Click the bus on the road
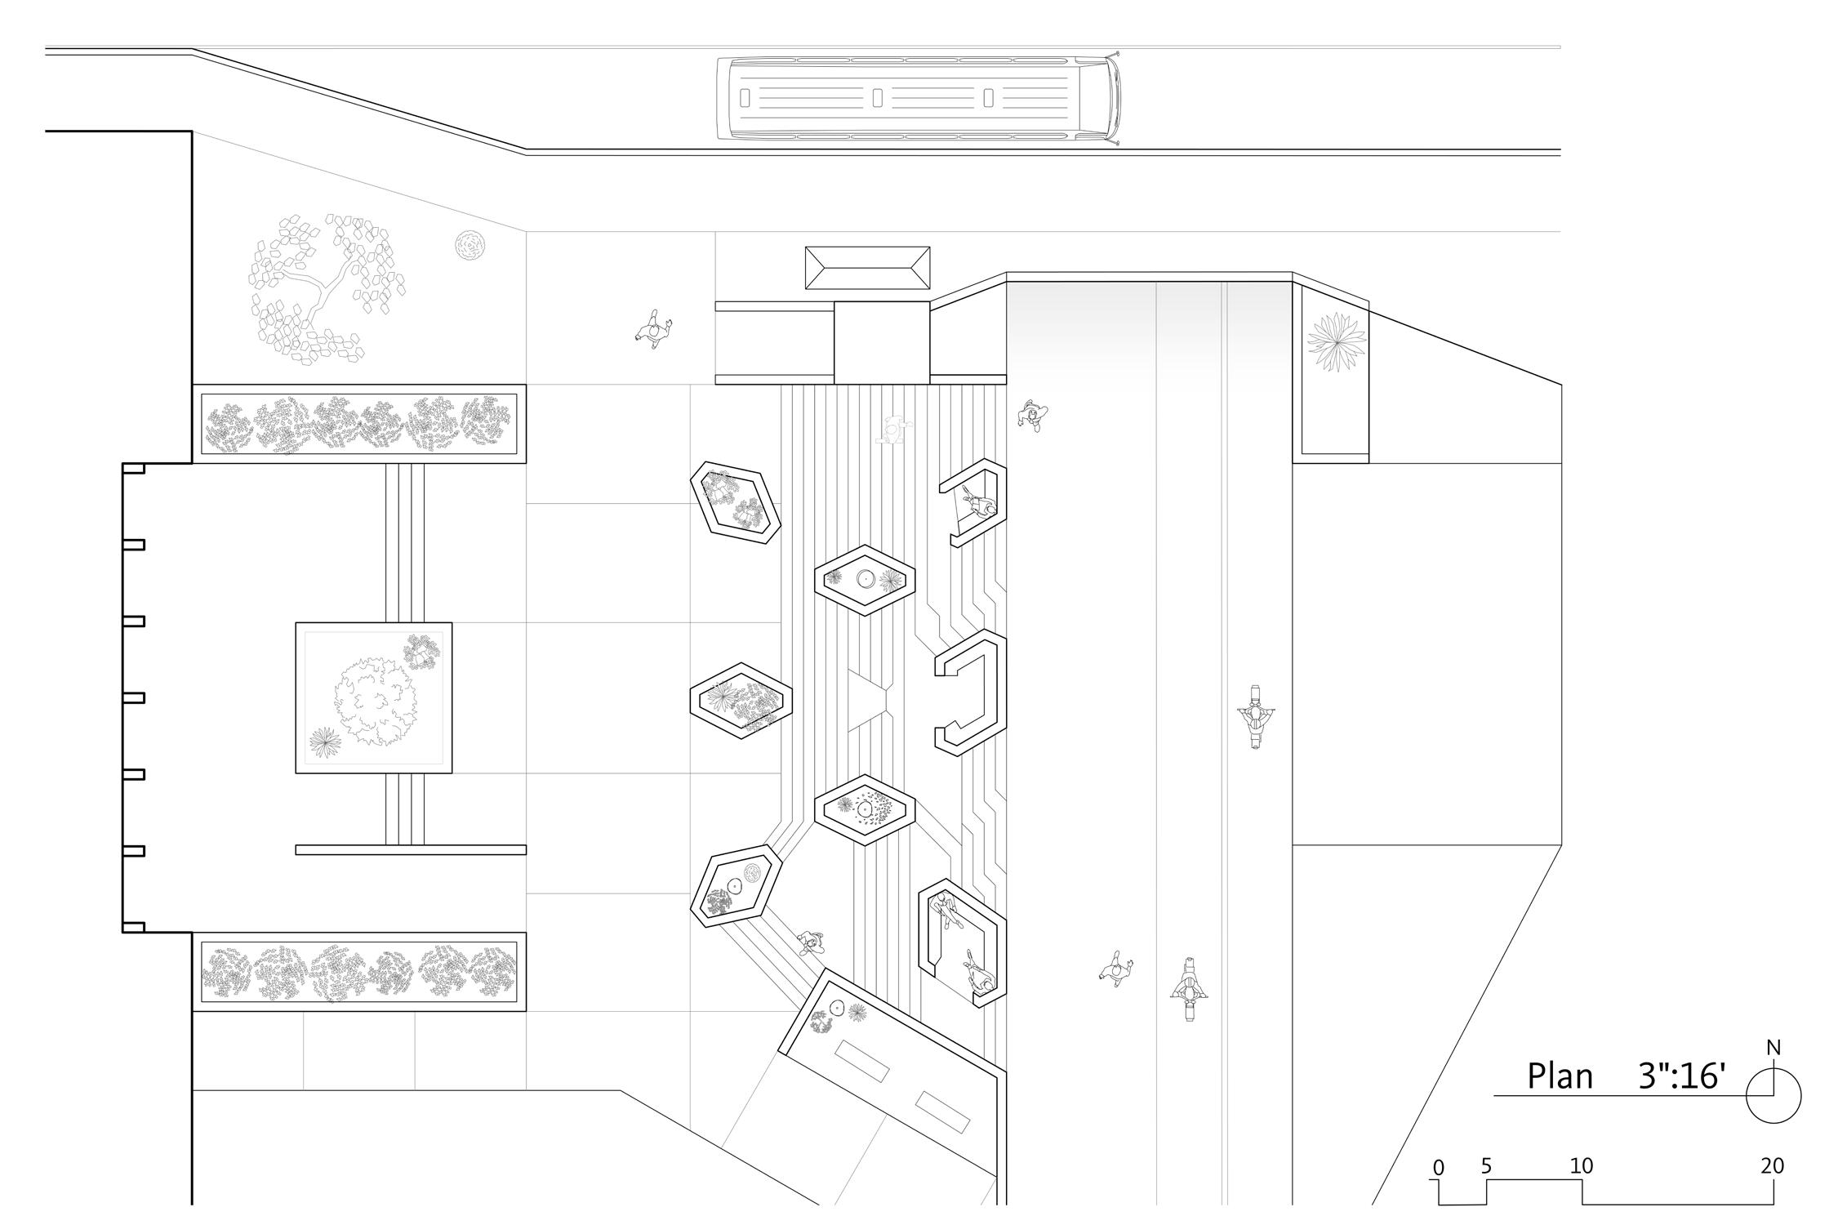[918, 99]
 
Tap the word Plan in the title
[1560, 1076]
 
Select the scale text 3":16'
[1682, 1076]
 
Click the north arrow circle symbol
[1773, 1097]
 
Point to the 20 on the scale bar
[1772, 1166]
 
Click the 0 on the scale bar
[1438, 1168]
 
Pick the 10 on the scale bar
[1581, 1166]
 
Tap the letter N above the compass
[1773, 1048]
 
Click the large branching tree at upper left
[327, 286]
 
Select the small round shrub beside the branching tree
[470, 244]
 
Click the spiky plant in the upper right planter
[1336, 341]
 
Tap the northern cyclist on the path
[1255, 717]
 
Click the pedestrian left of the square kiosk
[653, 329]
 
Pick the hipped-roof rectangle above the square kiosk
[867, 268]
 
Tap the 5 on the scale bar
[1486, 1166]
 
